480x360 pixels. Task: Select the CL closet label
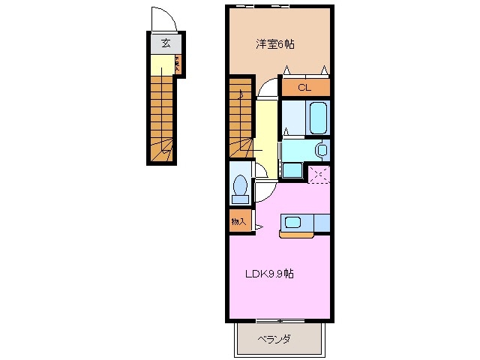click(304, 88)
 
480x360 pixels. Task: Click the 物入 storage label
click(238, 221)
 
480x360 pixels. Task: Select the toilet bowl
click(241, 184)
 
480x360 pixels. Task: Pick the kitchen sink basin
click(291, 222)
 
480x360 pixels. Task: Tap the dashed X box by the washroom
click(319, 175)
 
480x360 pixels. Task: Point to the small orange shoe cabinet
click(178, 64)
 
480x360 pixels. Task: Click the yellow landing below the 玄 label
click(161, 64)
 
